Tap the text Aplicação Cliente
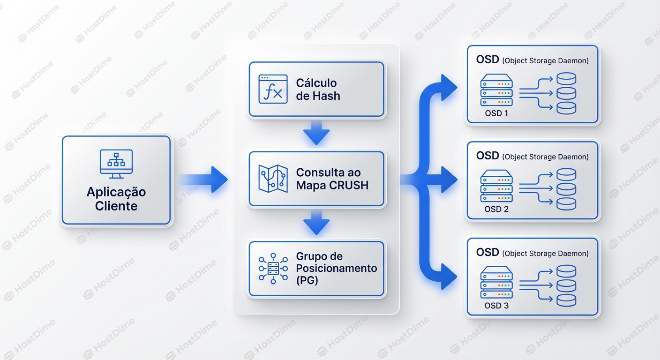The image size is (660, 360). click(x=116, y=199)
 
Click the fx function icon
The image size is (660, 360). click(x=273, y=89)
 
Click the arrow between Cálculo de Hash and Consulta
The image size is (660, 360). click(x=316, y=133)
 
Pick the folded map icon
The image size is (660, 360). click(x=273, y=179)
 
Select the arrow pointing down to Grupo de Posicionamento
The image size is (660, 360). click(x=316, y=223)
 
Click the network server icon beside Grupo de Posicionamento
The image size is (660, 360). click(x=273, y=269)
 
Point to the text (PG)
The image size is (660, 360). click(x=307, y=280)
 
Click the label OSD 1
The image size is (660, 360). click(x=496, y=113)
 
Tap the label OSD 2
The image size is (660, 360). click(x=496, y=209)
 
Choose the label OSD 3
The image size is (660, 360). click(x=496, y=306)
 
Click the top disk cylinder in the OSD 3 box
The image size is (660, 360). click(x=566, y=271)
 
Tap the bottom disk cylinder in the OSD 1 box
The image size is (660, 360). click(x=566, y=107)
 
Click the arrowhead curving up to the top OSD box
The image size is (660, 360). click(x=449, y=85)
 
